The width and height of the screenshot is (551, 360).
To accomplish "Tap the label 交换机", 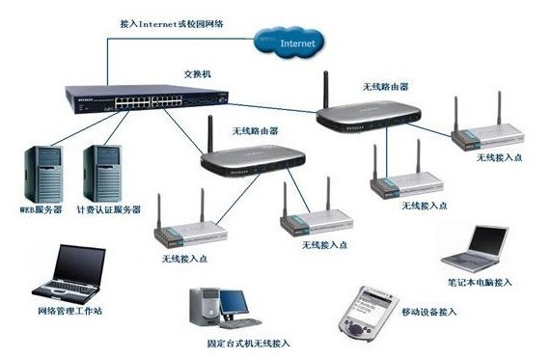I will tap(195, 73).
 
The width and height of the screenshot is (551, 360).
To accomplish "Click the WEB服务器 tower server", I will tap(41, 172).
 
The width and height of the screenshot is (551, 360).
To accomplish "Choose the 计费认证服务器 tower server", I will tap(104, 171).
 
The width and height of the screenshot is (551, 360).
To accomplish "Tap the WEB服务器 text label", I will tap(41, 208).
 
